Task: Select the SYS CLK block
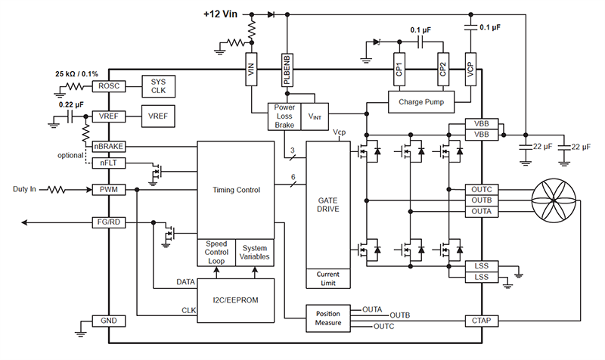coord(158,86)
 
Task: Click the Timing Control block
coord(234,190)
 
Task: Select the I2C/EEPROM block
coord(234,299)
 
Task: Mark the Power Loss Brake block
coord(284,116)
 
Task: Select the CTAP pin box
coord(482,321)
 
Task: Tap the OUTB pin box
coord(482,200)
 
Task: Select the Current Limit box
coord(328,278)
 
